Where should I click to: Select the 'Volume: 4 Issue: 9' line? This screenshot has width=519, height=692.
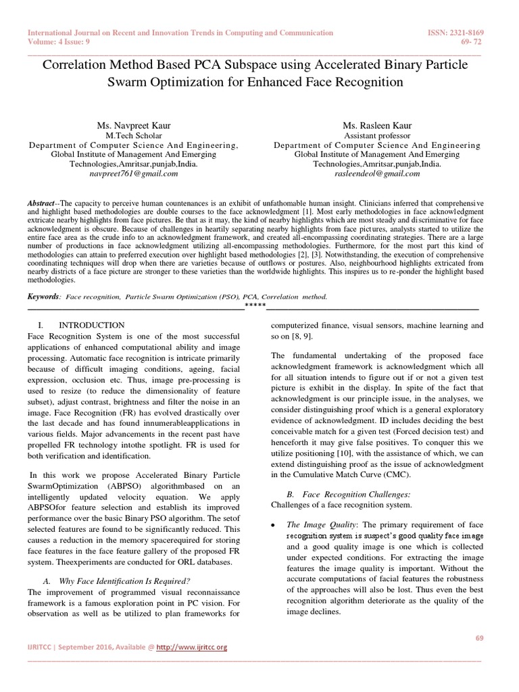[57, 41]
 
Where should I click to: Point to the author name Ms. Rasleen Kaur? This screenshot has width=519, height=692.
[376, 126]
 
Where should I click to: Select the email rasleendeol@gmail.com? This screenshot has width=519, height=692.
[376, 174]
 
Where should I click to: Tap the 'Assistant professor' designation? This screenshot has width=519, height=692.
[376, 136]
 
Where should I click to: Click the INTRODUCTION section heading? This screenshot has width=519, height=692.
[91, 325]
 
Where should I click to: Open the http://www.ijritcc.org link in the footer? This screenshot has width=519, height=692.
[191, 647]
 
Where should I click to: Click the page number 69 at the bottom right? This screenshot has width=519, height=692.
[480, 639]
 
